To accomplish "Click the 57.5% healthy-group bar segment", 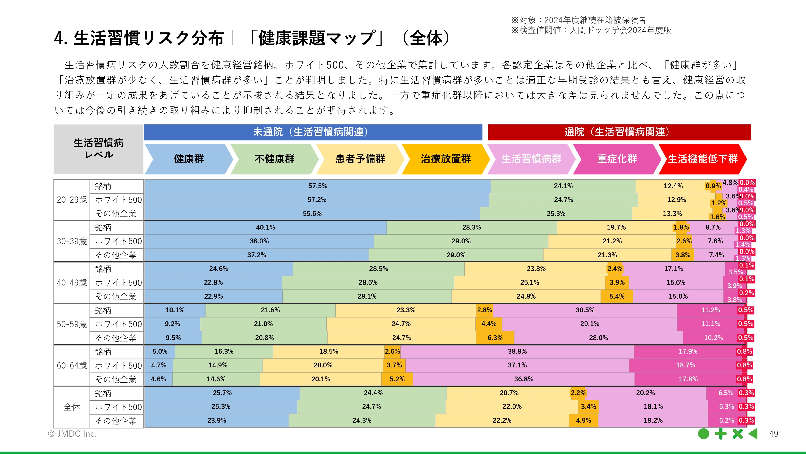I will (318, 186).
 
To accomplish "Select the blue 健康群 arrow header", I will (189, 159).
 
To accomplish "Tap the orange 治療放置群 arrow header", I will (445, 159).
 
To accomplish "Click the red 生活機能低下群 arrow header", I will (703, 159).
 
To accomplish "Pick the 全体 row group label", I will (72, 407).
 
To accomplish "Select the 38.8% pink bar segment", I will (517, 351).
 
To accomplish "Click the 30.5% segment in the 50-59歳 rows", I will (585, 310).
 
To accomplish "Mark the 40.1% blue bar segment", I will (265, 227).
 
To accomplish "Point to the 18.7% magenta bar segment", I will (685, 365).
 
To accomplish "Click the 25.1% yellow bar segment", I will (529, 283).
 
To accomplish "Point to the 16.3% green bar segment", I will (224, 351).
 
